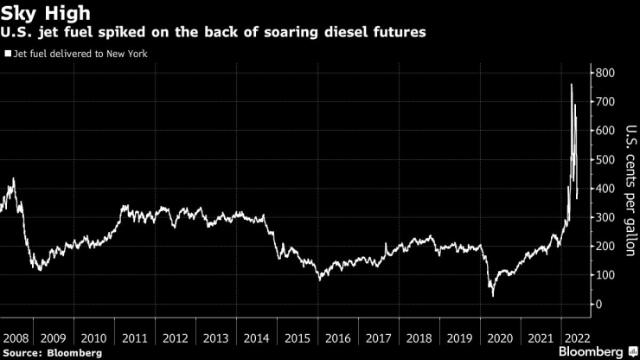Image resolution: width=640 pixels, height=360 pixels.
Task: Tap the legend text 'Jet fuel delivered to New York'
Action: pyautogui.click(x=78, y=54)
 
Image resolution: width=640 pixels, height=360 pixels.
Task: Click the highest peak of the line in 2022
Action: pyautogui.click(x=571, y=84)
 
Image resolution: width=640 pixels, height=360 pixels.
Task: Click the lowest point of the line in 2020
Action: pyautogui.click(x=493, y=296)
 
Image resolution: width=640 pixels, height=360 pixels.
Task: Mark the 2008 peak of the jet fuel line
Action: pyautogui.click(x=13, y=179)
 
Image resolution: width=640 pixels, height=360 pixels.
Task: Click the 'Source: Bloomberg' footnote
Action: pyautogui.click(x=52, y=352)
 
